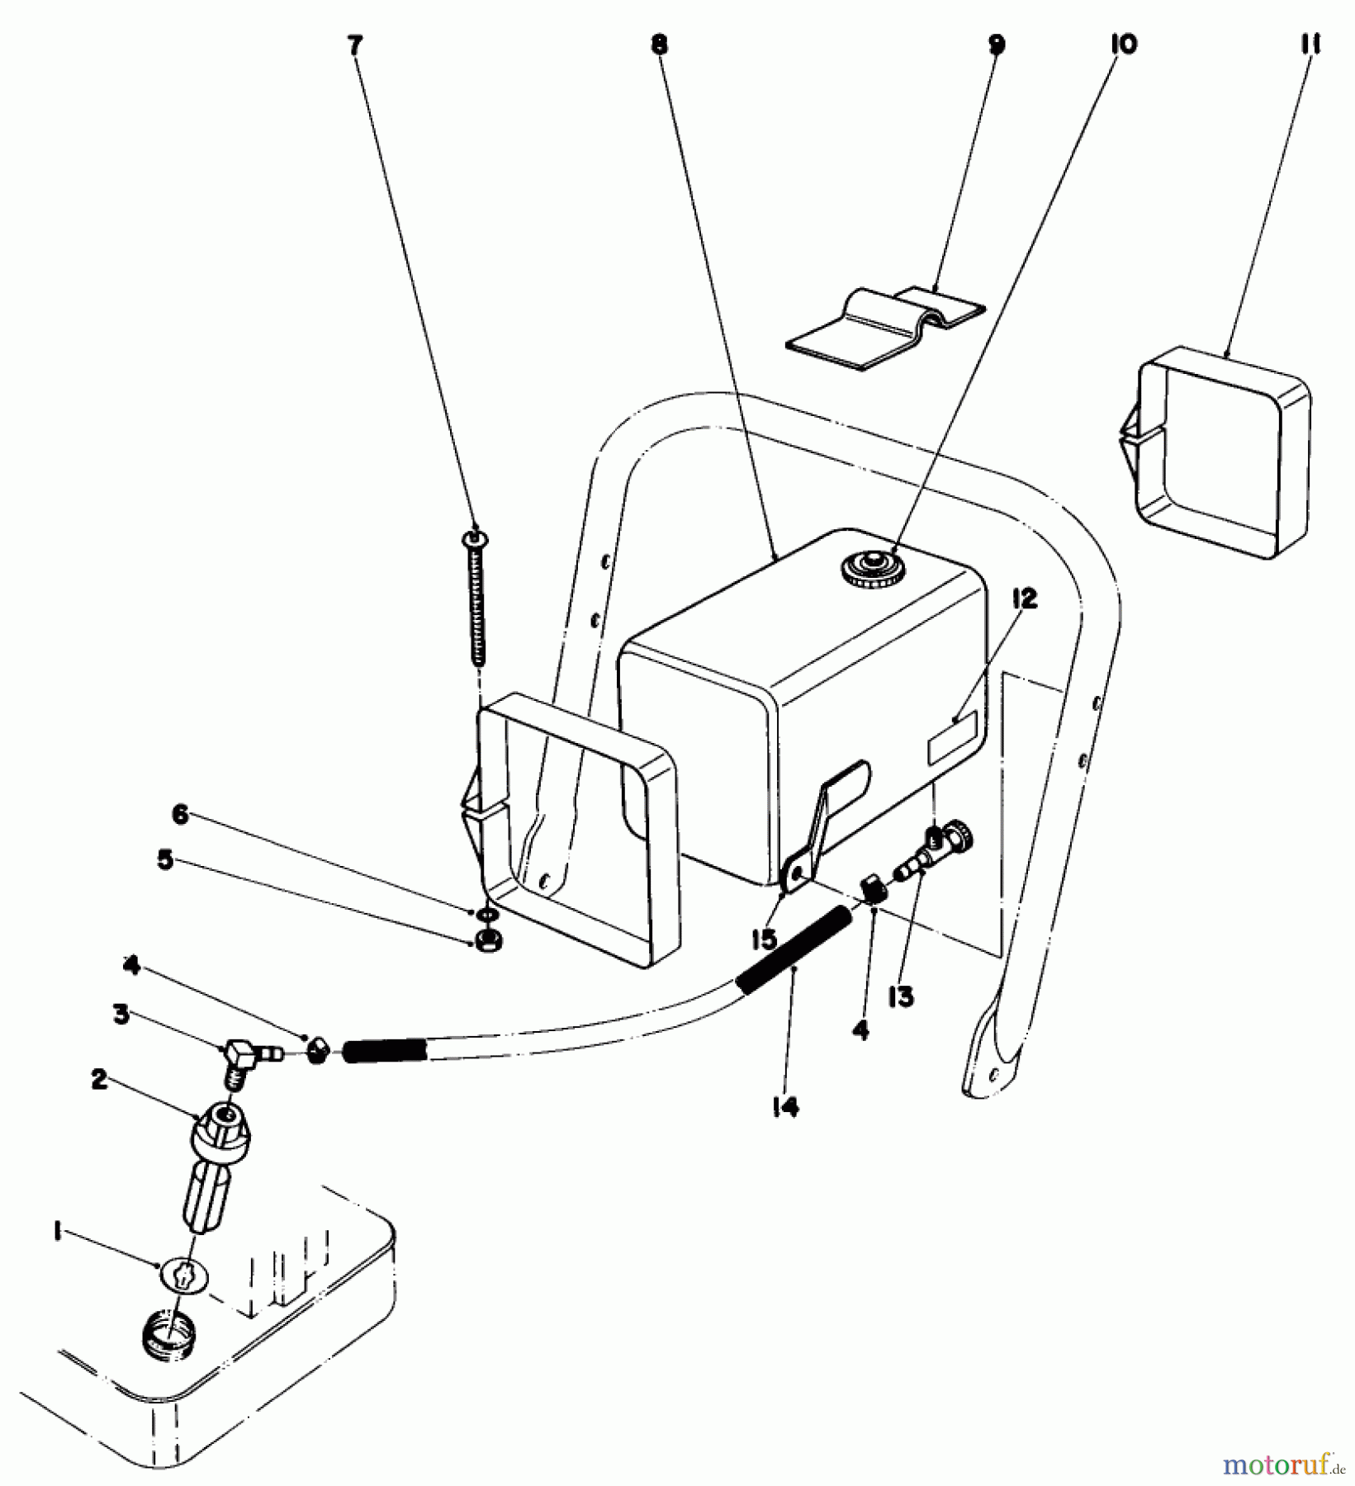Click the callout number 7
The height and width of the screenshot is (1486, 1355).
354,46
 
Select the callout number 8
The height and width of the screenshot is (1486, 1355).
658,46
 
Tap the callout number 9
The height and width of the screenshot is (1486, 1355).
997,45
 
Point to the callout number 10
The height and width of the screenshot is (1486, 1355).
1123,45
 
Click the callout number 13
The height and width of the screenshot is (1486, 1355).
902,997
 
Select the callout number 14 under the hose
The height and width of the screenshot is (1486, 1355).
785,1109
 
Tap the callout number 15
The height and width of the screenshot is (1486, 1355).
764,939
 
